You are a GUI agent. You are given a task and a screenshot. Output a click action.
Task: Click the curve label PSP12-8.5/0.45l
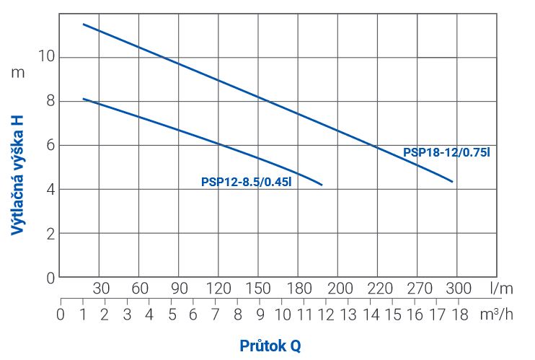(246, 183)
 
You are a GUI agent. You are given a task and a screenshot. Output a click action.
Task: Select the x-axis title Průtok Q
(270, 346)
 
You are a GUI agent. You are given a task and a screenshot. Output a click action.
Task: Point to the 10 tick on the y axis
(46, 57)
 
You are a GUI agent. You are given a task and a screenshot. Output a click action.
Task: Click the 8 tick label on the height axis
(50, 101)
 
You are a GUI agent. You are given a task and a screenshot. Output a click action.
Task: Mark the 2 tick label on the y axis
(50, 234)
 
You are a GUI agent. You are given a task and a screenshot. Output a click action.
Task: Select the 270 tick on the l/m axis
(420, 289)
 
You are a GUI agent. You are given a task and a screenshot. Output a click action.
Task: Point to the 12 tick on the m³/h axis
(326, 315)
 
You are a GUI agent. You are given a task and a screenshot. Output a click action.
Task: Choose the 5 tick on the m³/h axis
(172, 315)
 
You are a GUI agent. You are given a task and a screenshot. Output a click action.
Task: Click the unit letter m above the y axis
(18, 72)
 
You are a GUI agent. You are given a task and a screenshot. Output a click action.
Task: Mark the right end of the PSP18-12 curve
(453, 182)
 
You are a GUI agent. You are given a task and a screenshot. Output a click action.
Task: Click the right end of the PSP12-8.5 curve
(322, 185)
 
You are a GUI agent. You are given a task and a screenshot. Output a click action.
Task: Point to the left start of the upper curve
(83, 24)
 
